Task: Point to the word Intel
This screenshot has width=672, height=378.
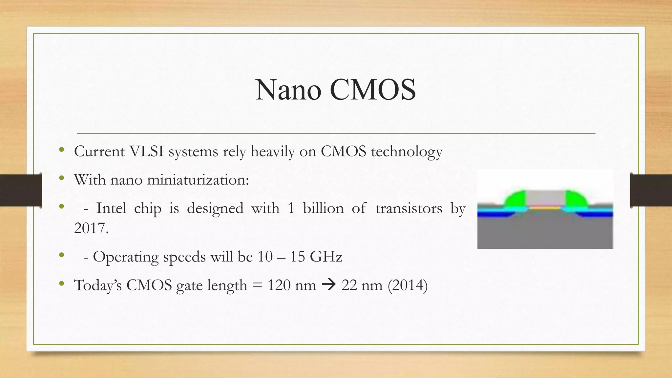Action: coord(111,208)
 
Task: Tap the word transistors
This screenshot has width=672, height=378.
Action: coord(409,208)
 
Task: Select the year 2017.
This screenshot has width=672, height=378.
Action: coord(91,228)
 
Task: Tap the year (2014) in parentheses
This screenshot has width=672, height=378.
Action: coord(408,285)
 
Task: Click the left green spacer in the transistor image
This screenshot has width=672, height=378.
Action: coord(515,199)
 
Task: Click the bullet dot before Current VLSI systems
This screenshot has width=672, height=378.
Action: coord(61,150)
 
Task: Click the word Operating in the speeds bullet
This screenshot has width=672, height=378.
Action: coord(126,257)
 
